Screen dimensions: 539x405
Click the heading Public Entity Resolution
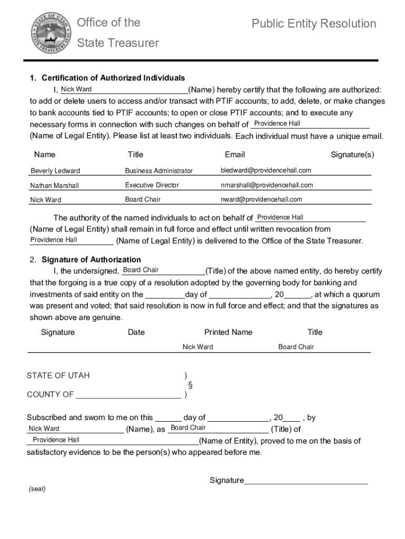click(x=313, y=24)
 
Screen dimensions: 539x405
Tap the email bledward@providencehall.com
click(x=266, y=170)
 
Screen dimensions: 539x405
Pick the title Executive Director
click(x=152, y=185)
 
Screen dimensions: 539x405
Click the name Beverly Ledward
click(x=55, y=171)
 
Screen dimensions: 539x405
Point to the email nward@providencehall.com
click(x=261, y=199)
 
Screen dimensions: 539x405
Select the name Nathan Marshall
click(x=55, y=185)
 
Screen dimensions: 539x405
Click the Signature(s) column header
click(x=352, y=154)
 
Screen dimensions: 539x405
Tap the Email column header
click(x=235, y=154)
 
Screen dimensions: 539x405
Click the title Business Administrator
click(x=159, y=171)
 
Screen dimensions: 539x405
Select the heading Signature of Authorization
click(x=91, y=259)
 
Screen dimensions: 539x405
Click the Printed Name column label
click(x=228, y=332)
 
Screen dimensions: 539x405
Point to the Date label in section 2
click(x=136, y=332)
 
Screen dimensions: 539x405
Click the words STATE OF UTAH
click(x=58, y=375)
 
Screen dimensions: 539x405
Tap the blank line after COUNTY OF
click(x=129, y=395)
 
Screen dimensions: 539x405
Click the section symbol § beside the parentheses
click(x=190, y=385)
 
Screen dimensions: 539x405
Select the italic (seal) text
click(x=37, y=488)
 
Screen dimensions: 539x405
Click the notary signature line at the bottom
click(x=306, y=481)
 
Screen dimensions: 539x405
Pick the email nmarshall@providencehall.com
click(x=267, y=185)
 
